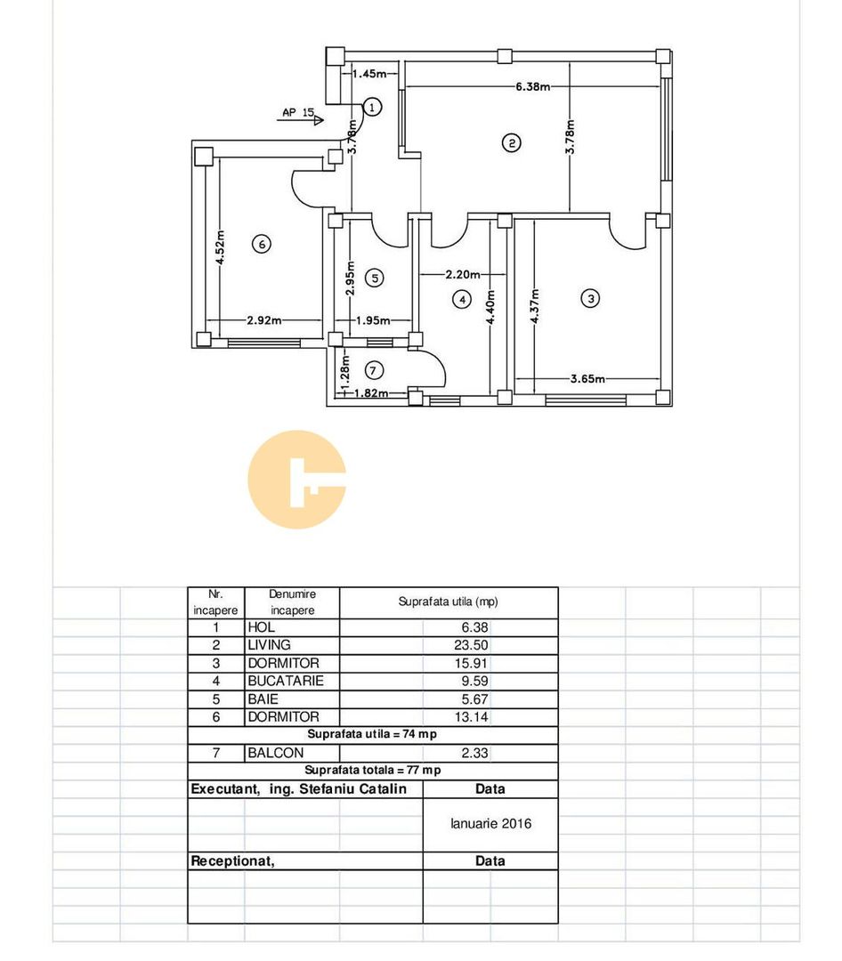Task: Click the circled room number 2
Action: point(511,142)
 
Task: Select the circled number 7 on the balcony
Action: point(375,369)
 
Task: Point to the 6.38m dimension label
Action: point(532,87)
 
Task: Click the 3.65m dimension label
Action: point(587,379)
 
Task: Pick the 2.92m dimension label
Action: point(264,321)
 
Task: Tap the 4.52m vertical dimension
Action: point(221,248)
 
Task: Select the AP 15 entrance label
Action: point(298,113)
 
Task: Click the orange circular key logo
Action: point(296,480)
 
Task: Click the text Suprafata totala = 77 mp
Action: point(372,771)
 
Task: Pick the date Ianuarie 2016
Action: point(490,824)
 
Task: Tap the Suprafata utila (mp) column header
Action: point(448,602)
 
